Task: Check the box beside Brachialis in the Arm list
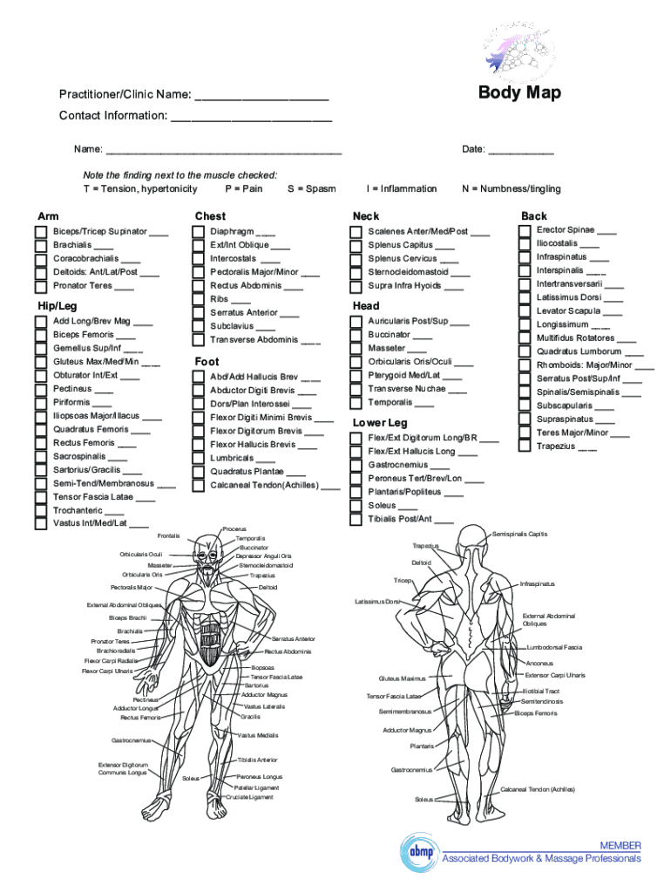40,246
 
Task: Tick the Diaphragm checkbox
197,232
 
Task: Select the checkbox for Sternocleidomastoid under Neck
356,272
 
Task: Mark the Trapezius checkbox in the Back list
525,446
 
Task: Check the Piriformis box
40,402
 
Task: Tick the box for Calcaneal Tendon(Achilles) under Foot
197,485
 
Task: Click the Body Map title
519,93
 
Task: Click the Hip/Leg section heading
56,306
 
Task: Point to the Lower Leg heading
379,423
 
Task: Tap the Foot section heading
207,361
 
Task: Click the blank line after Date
520,150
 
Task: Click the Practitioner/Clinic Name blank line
261,95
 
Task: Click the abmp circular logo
417,851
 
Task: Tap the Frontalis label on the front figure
169,535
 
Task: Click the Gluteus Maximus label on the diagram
402,678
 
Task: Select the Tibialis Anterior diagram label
257,760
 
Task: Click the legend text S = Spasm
311,188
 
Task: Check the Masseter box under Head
356,348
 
